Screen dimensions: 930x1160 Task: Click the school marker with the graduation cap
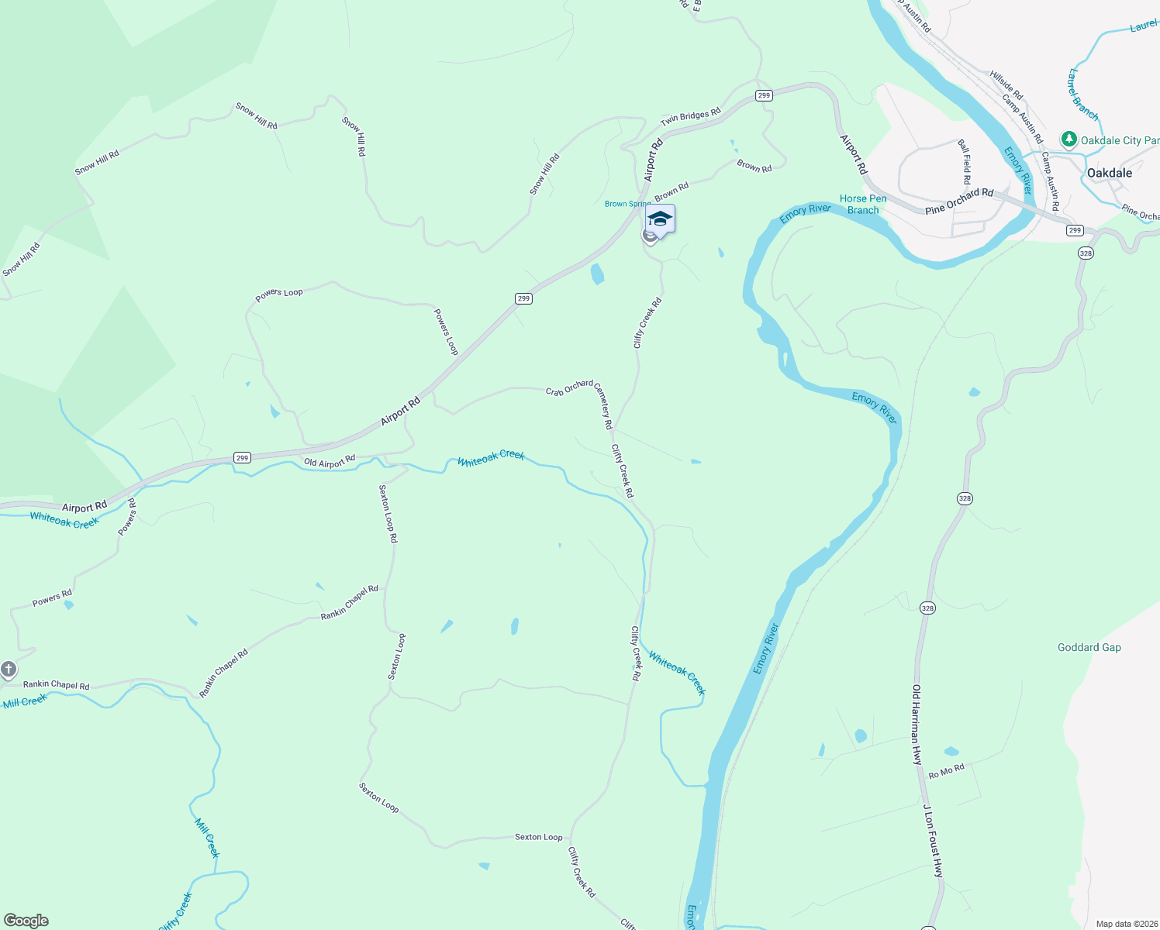pyautogui.click(x=660, y=219)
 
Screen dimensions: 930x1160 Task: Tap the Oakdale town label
pyautogui.click(x=1109, y=173)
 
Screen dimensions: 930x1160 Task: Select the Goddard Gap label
pyautogui.click(x=1089, y=647)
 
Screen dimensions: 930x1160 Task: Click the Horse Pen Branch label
pyautogui.click(x=863, y=204)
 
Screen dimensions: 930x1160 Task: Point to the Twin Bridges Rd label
pyautogui.click(x=690, y=117)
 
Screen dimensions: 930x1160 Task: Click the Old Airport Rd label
pyautogui.click(x=329, y=461)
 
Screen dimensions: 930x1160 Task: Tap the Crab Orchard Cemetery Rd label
pyautogui.click(x=580, y=399)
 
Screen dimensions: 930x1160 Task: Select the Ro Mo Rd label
pyautogui.click(x=946, y=772)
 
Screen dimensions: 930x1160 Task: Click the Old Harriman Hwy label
pyautogui.click(x=917, y=725)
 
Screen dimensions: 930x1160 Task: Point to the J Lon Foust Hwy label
pyautogui.click(x=933, y=841)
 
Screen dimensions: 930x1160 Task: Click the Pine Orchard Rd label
pyautogui.click(x=959, y=201)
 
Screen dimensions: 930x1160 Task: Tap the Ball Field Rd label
pyautogui.click(x=965, y=161)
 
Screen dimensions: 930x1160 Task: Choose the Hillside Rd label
pyautogui.click(x=1006, y=85)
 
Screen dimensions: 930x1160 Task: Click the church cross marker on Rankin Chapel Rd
pyautogui.click(x=9, y=669)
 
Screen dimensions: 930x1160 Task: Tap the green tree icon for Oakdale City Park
pyautogui.click(x=1069, y=139)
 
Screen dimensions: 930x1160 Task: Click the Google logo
pyautogui.click(x=26, y=921)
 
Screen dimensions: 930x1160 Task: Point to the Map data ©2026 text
pyautogui.click(x=1127, y=924)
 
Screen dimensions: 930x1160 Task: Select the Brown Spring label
pyautogui.click(x=627, y=204)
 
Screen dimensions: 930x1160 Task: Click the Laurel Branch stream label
pyautogui.click(x=1083, y=95)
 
